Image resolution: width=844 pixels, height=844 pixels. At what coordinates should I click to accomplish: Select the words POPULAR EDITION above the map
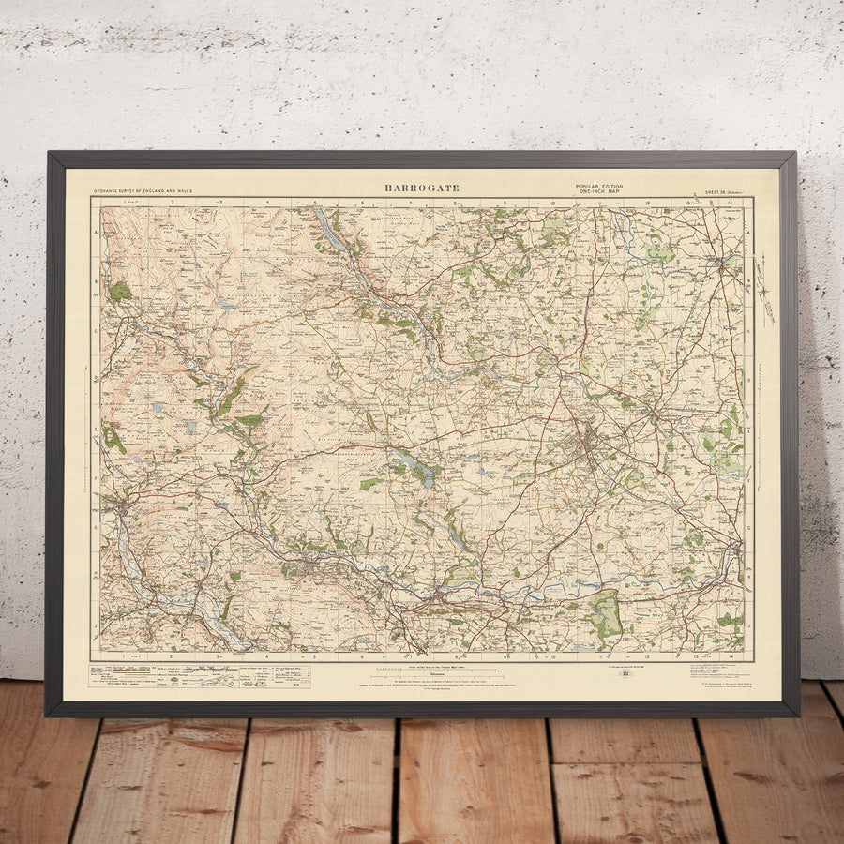(596, 188)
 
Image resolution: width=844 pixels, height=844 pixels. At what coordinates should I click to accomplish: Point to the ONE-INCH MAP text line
(596, 193)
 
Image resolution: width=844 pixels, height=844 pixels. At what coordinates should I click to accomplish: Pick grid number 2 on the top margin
(173, 202)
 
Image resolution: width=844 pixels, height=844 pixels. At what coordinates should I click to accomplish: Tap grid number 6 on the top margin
(362, 202)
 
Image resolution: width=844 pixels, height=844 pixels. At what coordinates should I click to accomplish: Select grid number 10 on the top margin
(552, 202)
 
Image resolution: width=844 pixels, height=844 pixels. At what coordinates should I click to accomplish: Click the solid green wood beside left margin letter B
(119, 291)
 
